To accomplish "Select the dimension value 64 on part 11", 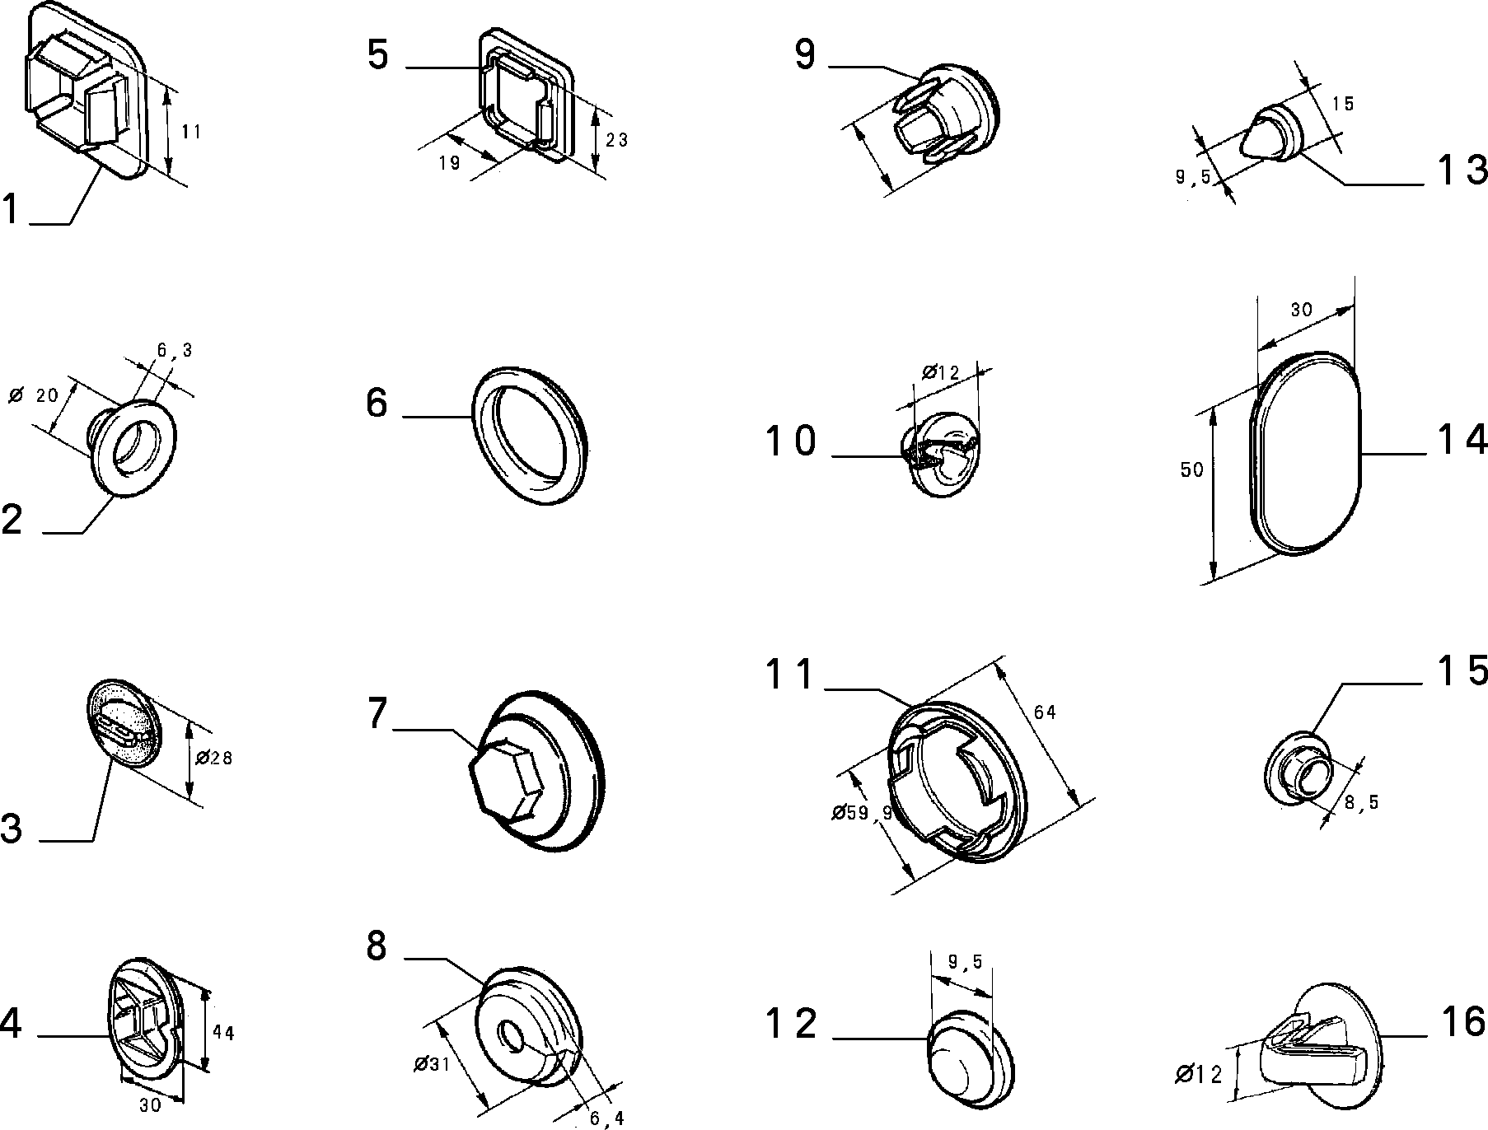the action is [1045, 712].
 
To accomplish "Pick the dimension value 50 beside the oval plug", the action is [1192, 470].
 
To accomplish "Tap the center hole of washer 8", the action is [513, 1036].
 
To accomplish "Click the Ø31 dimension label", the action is [431, 1064].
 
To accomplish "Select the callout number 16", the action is [1464, 1022].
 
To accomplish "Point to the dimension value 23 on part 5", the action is [616, 141].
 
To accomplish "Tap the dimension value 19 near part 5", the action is [449, 163].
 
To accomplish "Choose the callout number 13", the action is [1463, 170].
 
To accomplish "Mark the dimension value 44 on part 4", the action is [223, 1032].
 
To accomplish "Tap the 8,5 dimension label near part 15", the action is [1361, 801].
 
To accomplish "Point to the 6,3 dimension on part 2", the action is [175, 350].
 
